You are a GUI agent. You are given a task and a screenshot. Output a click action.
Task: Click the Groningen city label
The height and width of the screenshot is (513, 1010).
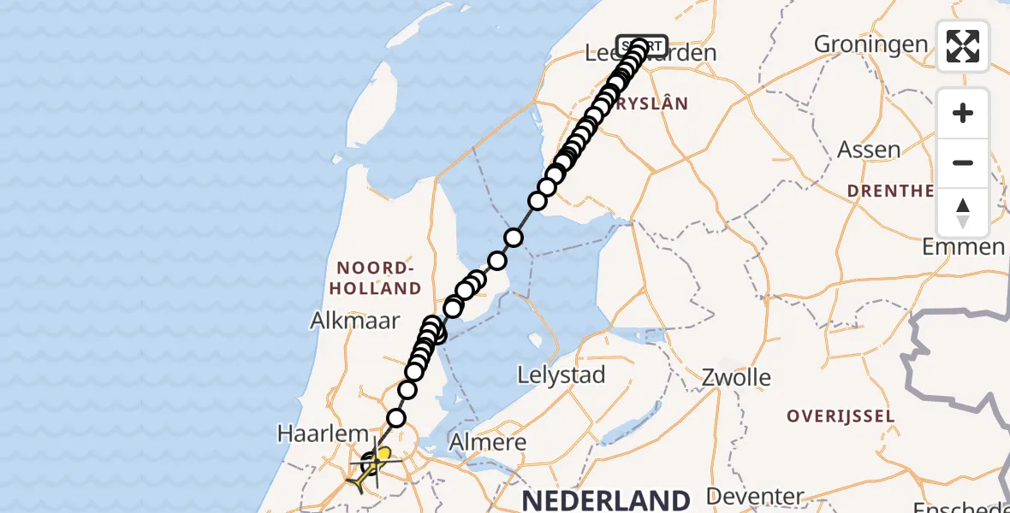870,44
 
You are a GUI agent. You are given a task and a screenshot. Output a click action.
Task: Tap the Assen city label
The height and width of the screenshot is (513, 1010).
869,150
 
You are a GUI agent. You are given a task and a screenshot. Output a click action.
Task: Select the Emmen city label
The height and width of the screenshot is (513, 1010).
963,247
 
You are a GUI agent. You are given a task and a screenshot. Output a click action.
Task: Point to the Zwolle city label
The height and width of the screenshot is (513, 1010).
736,377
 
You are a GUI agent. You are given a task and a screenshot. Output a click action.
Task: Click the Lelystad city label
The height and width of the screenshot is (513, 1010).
562,374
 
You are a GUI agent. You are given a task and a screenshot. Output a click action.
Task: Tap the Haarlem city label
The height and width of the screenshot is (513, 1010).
322,433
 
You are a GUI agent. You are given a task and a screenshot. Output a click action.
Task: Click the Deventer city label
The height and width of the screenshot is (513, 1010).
755,496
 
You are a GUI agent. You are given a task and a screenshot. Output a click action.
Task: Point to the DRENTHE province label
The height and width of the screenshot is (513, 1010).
890,191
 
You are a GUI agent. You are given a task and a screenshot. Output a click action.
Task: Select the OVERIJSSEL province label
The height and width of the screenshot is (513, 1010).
841,416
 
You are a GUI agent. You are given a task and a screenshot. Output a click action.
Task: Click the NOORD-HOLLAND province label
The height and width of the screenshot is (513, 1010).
376,277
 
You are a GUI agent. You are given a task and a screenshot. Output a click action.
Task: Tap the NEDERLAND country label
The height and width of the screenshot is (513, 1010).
606,499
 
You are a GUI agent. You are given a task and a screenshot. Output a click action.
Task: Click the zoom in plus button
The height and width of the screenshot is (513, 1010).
963,114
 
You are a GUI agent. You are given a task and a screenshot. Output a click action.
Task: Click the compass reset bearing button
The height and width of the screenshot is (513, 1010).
963,213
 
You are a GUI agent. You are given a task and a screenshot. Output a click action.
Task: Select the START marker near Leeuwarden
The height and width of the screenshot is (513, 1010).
642,45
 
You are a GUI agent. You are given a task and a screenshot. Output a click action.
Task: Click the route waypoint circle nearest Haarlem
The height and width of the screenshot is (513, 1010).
396,418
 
